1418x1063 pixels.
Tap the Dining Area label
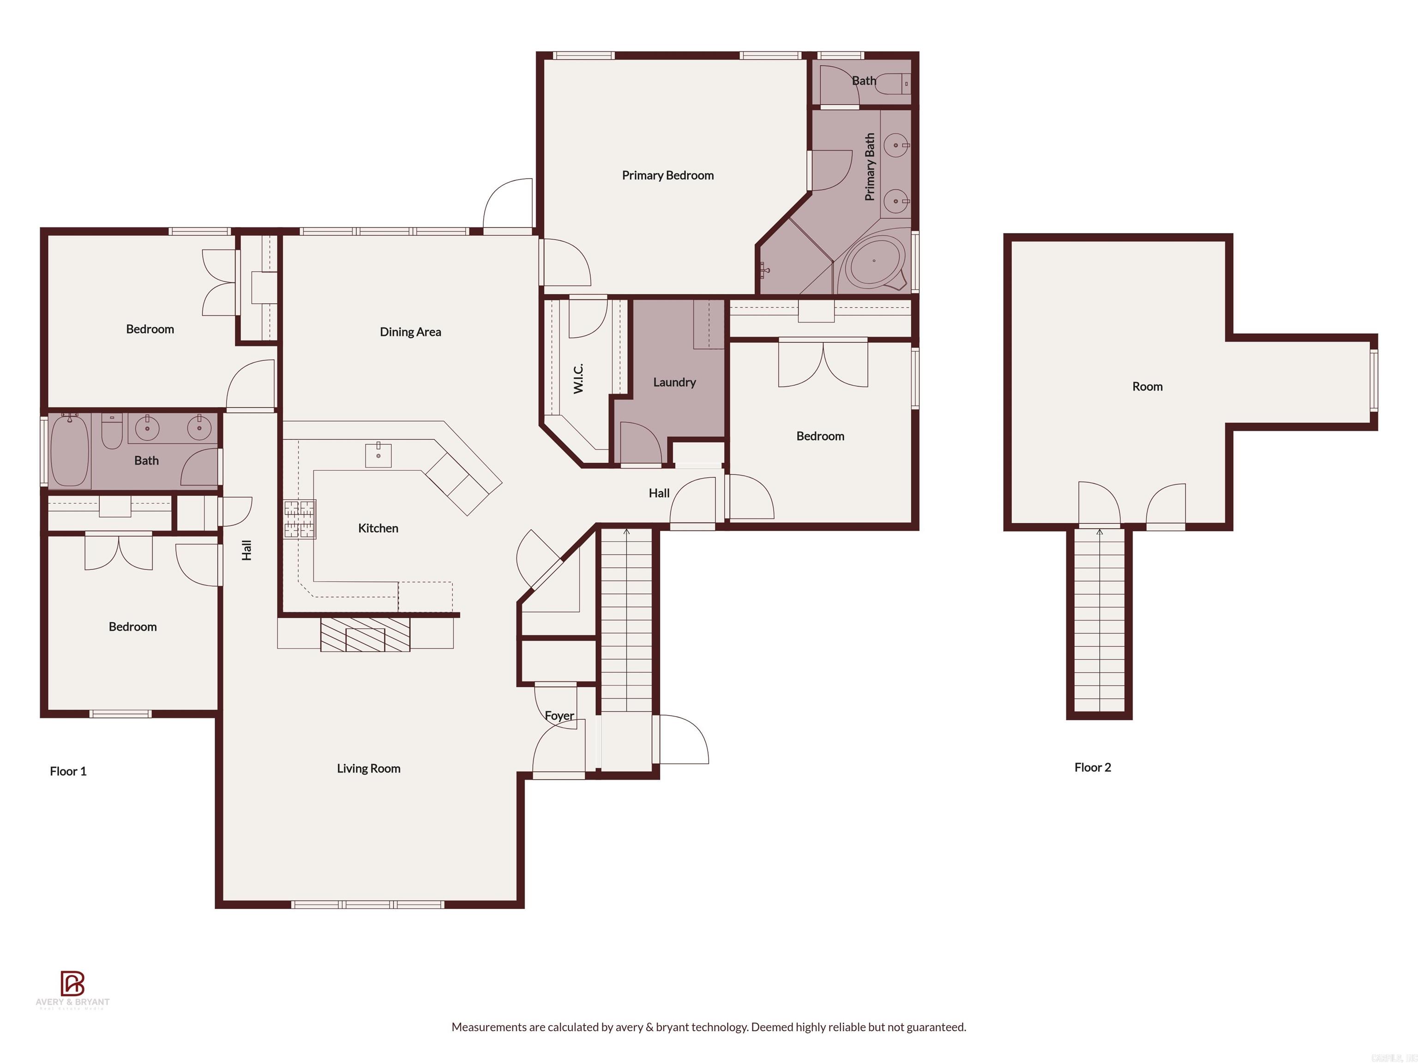coord(410,332)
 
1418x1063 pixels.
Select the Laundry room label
coord(674,382)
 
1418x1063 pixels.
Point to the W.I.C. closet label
coord(578,378)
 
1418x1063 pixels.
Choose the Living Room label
coord(369,768)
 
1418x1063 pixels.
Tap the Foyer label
coord(559,716)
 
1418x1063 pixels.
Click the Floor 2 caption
coord(1092,767)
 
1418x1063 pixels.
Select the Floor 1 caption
coord(68,771)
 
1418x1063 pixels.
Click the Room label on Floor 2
coord(1147,386)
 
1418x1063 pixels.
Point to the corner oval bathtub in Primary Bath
coord(874,262)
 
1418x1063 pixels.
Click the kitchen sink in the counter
coord(378,454)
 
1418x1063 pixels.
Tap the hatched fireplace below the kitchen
coord(365,634)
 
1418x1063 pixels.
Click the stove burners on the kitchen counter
coord(300,519)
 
